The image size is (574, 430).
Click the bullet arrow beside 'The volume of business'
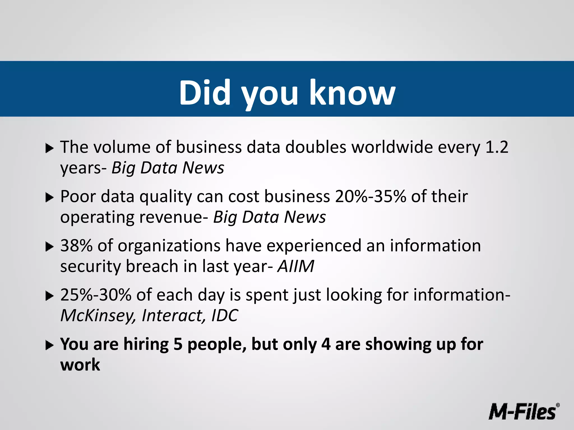tap(49, 148)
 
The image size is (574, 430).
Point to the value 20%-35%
tap(370, 197)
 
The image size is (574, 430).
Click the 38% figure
tap(76, 246)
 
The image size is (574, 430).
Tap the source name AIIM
tap(296, 266)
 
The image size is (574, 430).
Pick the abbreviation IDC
tap(224, 316)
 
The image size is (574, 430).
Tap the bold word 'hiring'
tap(146, 344)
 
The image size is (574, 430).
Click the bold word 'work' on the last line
tap(80, 365)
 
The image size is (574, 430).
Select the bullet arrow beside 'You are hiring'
tap(49, 345)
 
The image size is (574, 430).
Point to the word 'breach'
tap(152, 266)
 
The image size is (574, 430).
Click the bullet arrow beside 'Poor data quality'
tap(49, 198)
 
